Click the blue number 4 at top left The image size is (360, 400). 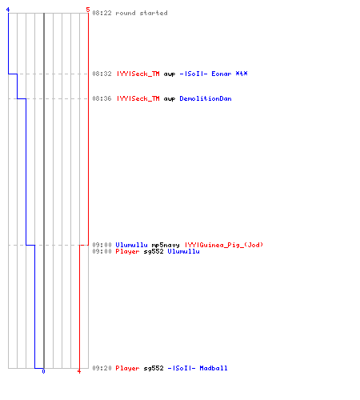[8, 10]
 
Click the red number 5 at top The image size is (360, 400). [88, 10]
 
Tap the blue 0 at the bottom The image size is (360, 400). [43, 371]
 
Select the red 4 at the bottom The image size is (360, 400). [79, 371]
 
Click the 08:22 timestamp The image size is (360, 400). [102, 13]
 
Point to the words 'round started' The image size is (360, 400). [142, 13]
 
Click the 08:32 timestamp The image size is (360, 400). [102, 74]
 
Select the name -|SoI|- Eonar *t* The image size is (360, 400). [214, 74]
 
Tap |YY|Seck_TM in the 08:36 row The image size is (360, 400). [138, 98]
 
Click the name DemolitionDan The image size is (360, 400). [206, 98]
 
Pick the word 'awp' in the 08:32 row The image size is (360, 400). [170, 74]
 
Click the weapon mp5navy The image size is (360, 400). [166, 245]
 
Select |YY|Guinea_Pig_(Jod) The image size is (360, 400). [224, 245]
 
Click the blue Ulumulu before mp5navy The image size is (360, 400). [131, 245]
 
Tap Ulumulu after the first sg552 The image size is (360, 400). [183, 251]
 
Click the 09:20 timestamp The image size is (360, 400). [102, 368]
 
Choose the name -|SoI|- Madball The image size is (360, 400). [198, 368]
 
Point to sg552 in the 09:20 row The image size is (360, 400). [154, 369]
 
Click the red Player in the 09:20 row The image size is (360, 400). [127, 369]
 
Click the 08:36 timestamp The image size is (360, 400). [102, 98]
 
